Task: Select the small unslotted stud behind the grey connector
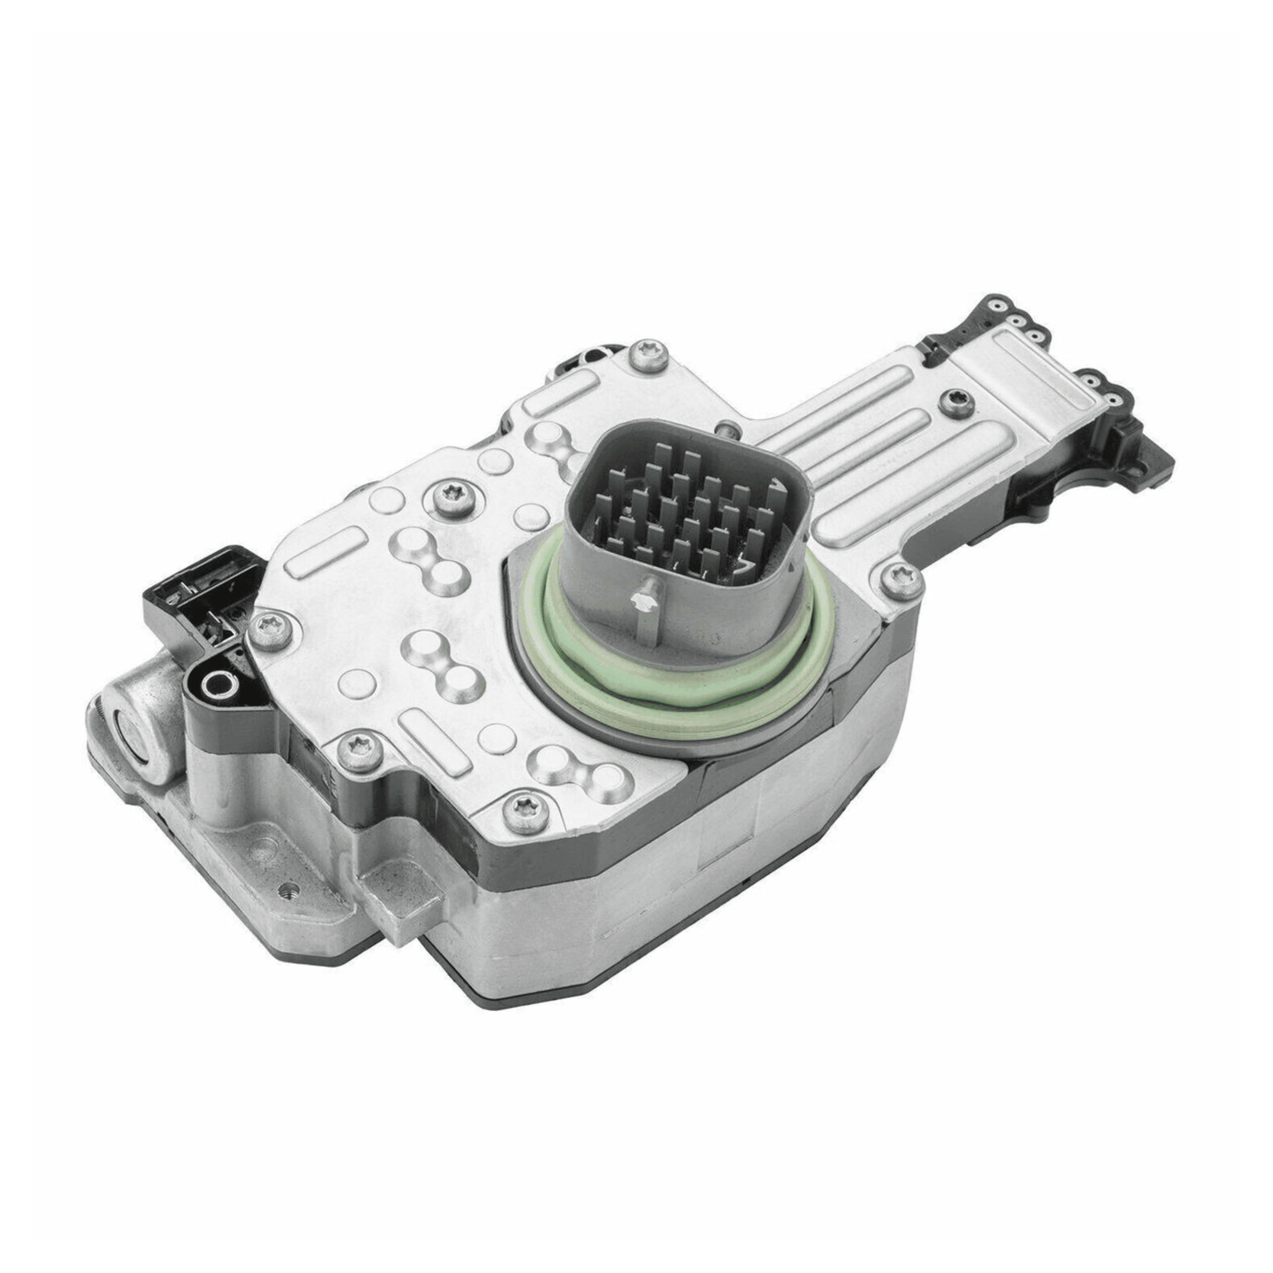[726, 428]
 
